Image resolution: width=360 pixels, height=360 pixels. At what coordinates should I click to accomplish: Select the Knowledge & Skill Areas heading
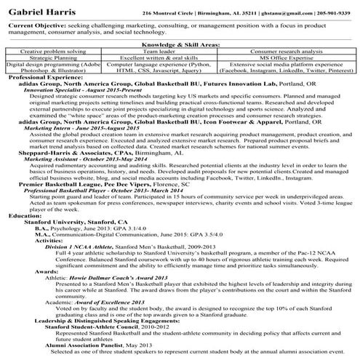pos(180,44)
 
